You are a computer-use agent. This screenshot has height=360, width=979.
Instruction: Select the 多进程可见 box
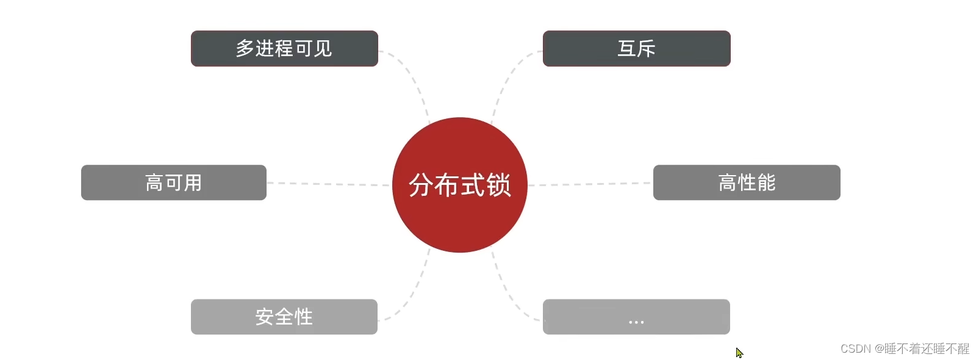coord(284,48)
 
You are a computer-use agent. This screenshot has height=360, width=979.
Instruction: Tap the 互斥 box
coord(636,48)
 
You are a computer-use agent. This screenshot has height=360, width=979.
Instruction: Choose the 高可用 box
coord(174,182)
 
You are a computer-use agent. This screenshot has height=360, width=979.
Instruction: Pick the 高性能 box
coord(747,182)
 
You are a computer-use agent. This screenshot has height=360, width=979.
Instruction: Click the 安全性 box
coord(284,317)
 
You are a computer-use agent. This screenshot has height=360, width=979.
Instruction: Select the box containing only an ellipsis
coord(636,317)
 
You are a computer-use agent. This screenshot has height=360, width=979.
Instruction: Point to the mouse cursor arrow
coord(739,353)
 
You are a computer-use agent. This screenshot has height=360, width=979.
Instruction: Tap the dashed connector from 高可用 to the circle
coord(329,184)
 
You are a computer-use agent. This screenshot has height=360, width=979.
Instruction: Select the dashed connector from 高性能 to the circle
coord(589,184)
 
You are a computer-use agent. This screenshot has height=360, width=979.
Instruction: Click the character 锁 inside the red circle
coord(498,185)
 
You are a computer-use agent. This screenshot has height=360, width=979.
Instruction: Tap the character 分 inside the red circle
coord(421,185)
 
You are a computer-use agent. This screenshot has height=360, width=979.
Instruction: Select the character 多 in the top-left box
coord(245,48)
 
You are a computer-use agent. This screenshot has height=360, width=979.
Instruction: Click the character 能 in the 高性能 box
coord(766,182)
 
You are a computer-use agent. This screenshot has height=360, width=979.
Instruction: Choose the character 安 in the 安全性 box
coord(265,317)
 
